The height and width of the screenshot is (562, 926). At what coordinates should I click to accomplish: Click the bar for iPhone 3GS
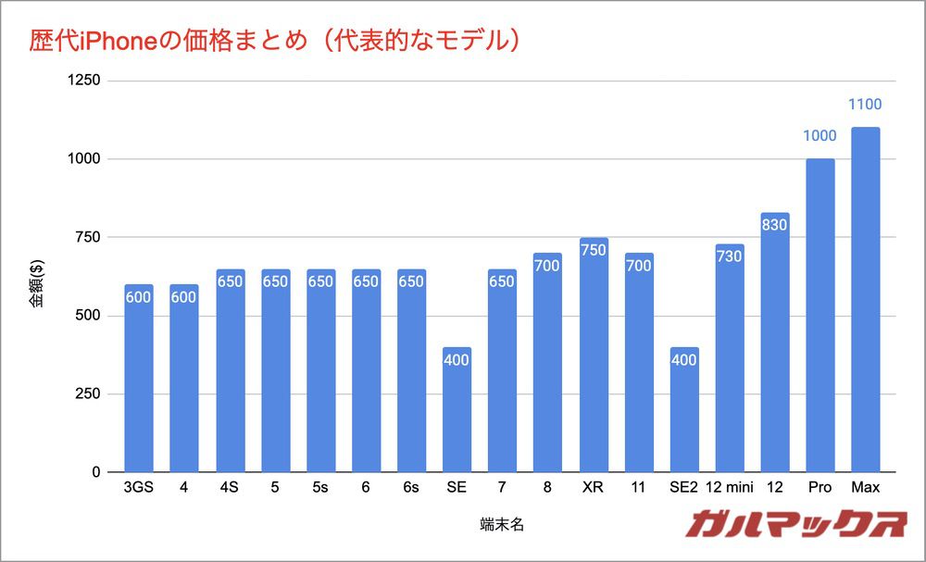tap(138, 379)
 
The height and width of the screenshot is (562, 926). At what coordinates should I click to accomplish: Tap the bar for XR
tap(594, 356)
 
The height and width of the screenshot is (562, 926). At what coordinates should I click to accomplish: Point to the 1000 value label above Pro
tap(820, 136)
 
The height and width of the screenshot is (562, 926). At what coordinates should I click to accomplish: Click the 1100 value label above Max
tap(865, 105)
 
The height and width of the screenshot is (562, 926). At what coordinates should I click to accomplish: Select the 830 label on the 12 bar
tap(774, 224)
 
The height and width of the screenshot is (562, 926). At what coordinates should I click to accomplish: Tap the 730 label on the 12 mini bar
tap(729, 256)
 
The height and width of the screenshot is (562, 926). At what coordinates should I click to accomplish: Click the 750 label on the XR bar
tap(594, 250)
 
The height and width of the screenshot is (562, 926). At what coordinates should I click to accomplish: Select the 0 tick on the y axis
tap(96, 472)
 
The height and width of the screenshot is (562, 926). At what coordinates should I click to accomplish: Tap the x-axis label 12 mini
tap(729, 488)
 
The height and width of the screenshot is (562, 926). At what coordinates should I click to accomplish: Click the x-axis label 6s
tap(411, 488)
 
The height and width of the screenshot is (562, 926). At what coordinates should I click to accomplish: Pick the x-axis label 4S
tap(229, 488)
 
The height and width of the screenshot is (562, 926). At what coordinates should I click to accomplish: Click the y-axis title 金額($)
tap(36, 277)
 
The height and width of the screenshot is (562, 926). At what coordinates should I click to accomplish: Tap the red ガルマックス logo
tap(795, 525)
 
